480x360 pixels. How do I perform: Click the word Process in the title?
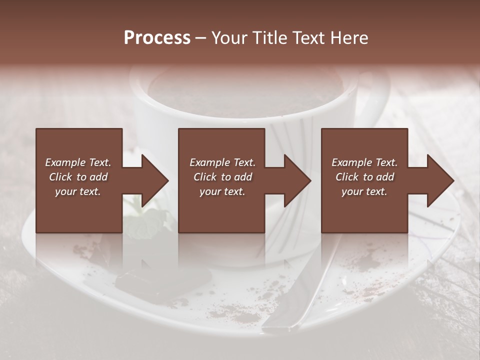[x=157, y=38]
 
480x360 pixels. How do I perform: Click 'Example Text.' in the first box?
[x=78, y=162]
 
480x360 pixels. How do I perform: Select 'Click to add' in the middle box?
[x=222, y=177]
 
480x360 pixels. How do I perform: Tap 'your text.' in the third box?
[x=364, y=191]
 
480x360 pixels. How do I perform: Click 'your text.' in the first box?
[x=78, y=191]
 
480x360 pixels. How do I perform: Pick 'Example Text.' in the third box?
[x=364, y=162]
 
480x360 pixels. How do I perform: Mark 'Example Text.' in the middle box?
[x=222, y=162]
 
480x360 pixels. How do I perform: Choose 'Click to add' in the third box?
[x=364, y=177]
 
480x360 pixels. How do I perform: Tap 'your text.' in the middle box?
[x=222, y=191]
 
